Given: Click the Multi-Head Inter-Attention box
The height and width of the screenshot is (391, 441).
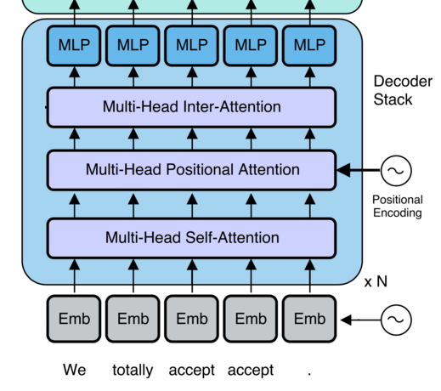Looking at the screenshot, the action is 192,107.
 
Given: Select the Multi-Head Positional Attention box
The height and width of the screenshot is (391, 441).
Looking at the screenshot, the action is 192,170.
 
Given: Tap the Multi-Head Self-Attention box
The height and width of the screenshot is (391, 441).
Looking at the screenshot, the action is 192,238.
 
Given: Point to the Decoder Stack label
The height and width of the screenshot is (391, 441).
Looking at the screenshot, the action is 403,90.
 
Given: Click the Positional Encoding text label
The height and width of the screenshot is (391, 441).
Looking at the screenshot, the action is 398,207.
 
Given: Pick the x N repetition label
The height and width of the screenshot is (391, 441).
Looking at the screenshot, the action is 376,281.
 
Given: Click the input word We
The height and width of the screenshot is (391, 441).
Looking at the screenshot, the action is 74,370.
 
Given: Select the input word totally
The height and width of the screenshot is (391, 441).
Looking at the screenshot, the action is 133,370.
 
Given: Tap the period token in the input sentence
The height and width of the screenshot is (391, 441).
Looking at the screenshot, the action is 309,374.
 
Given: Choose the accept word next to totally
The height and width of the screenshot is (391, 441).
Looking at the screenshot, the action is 192,371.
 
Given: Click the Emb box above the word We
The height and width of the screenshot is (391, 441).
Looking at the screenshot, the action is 74,319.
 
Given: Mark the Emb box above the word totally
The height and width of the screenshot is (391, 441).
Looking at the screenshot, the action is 133,319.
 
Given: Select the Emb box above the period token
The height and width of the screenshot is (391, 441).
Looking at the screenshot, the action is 309,319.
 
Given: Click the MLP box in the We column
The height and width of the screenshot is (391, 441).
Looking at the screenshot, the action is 74,46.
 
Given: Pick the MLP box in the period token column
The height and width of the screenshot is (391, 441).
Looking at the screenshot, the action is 309,46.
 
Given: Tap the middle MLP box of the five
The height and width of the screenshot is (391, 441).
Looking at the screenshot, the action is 192,46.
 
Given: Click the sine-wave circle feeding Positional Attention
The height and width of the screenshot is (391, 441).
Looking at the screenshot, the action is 396,171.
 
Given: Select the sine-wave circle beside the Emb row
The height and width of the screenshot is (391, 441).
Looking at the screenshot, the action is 396,320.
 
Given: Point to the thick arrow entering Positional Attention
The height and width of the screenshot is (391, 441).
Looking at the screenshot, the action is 359,170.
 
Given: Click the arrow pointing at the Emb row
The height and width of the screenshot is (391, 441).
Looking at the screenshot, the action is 360,320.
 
